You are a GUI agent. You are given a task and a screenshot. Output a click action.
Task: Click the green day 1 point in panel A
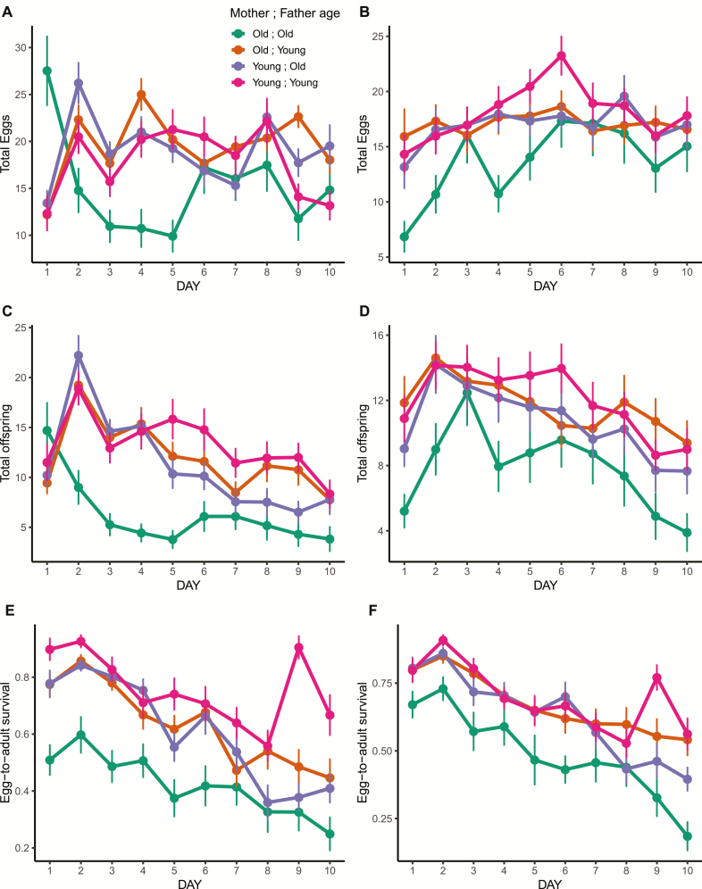pyautogui.click(x=46, y=71)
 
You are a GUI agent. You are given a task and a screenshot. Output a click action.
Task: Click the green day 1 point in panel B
pyautogui.click(x=405, y=237)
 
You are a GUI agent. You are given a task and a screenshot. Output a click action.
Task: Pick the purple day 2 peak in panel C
pyautogui.click(x=78, y=355)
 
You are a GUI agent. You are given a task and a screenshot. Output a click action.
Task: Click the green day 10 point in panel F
pyautogui.click(x=686, y=836)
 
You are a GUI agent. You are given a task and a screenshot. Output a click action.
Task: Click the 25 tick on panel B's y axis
pyautogui.click(x=385, y=37)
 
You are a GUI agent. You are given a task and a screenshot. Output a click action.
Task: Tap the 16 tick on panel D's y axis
pyautogui.click(x=385, y=335)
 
